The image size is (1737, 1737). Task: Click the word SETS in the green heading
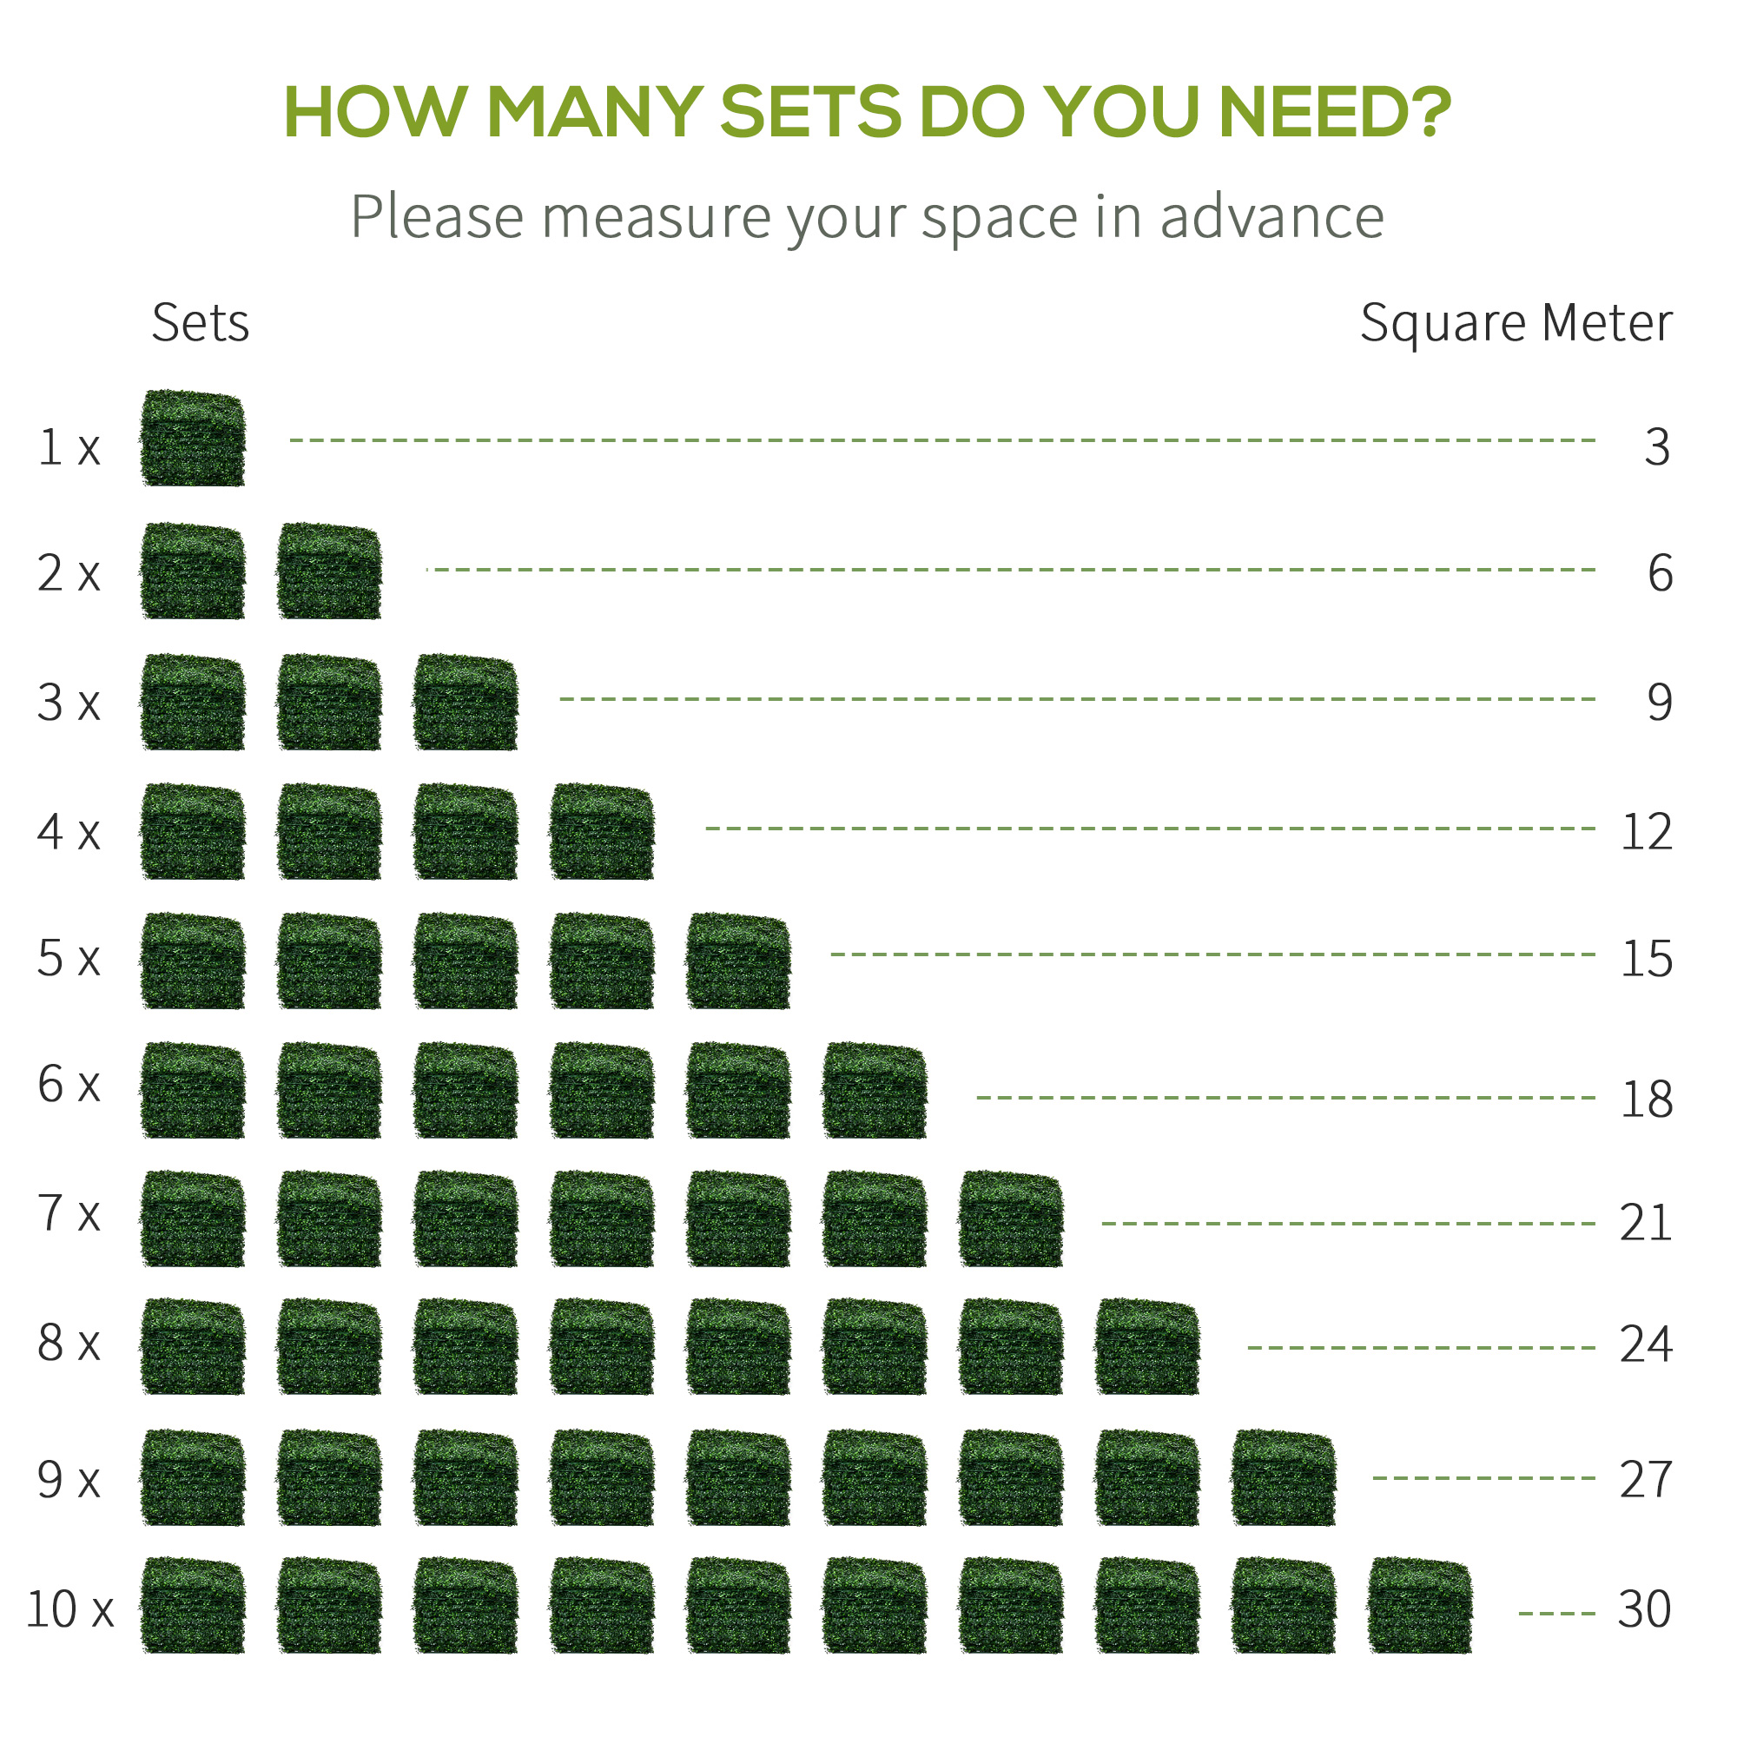click(x=810, y=112)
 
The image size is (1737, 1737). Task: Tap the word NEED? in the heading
click(x=1334, y=112)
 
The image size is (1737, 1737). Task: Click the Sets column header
click(x=200, y=323)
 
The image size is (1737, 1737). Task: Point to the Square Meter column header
click(x=1516, y=323)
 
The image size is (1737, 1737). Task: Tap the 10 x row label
click(x=70, y=1608)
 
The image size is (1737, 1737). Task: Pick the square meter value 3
click(x=1657, y=446)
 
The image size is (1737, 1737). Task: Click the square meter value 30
click(x=1644, y=1608)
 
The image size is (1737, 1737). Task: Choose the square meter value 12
click(x=1646, y=832)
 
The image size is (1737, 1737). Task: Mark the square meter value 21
click(x=1645, y=1223)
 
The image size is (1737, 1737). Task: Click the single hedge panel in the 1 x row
click(x=193, y=438)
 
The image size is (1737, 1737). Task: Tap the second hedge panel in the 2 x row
click(x=329, y=571)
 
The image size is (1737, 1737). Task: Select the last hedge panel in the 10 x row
click(x=1419, y=1605)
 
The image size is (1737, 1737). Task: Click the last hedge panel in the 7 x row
click(x=1011, y=1219)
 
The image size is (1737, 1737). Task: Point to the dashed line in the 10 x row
click(x=1556, y=1613)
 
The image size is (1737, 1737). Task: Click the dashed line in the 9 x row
click(x=1483, y=1477)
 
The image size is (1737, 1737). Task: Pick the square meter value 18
click(x=1646, y=1099)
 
